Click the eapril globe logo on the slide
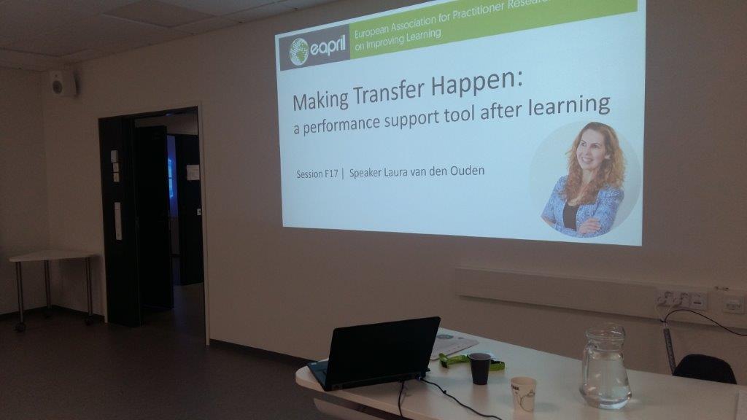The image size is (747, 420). coord(298,52)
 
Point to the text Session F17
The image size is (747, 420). coord(317,174)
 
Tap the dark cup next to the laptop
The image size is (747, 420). coord(480,368)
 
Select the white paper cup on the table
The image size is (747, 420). coord(524,394)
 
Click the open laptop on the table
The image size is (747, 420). coord(376,352)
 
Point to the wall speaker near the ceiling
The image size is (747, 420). coord(63,84)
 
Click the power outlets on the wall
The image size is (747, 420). coord(681,299)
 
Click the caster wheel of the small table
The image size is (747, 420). coord(20,327)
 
